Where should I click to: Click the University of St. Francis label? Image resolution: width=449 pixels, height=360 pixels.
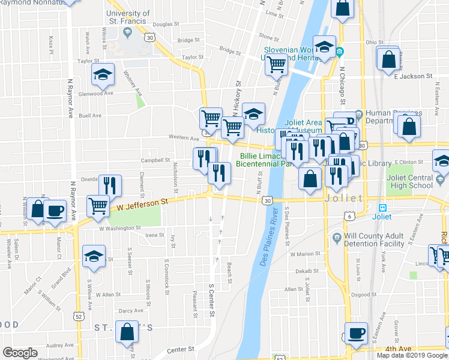point(128,17)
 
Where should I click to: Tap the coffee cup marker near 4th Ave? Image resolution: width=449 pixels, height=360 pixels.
point(355,333)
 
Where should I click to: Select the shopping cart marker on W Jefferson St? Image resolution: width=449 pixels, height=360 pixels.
point(98,205)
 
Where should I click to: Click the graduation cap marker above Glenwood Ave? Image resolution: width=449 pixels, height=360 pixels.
point(102,74)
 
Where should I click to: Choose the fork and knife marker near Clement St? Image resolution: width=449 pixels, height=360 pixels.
point(110,185)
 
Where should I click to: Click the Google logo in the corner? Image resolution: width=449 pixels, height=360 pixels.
point(20,353)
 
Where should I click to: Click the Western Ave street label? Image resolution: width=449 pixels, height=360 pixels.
point(184,137)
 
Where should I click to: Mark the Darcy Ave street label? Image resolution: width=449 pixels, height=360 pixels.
point(130,310)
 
